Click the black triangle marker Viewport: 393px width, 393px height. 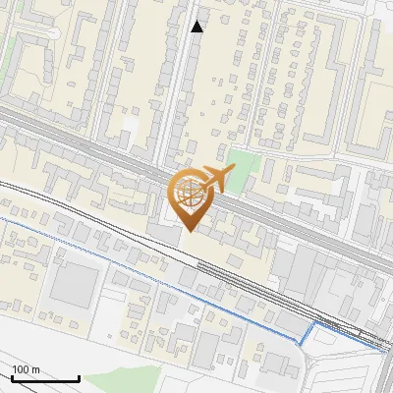point(196,27)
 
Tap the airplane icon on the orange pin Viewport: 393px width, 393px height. point(217,178)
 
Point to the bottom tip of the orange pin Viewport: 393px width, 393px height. point(187,231)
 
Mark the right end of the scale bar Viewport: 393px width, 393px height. point(79,378)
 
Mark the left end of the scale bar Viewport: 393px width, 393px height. point(12,378)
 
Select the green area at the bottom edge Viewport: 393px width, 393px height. point(138,379)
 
